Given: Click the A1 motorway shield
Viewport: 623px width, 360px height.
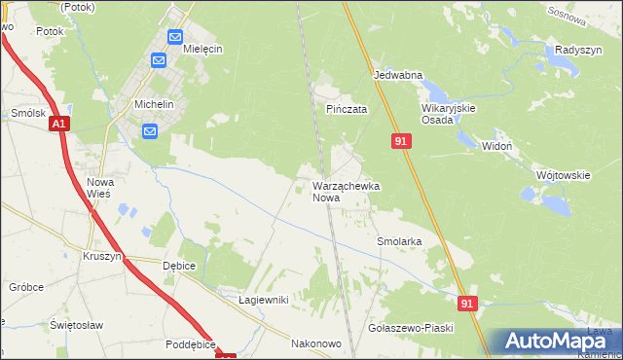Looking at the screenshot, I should tap(58, 124).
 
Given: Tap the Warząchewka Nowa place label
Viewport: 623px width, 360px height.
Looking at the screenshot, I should tap(346, 191).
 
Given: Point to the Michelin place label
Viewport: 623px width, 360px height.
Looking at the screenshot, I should tap(155, 104).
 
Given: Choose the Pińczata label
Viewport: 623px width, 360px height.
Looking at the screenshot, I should tap(346, 110).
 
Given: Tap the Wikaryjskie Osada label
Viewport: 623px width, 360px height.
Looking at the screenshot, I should tap(448, 114).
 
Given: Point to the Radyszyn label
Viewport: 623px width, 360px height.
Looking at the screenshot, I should tap(575, 50).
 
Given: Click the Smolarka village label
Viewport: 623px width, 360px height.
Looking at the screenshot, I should tap(399, 240).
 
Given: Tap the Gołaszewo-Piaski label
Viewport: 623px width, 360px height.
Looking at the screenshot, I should tap(412, 328).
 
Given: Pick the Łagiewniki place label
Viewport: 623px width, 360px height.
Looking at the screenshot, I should tap(264, 300).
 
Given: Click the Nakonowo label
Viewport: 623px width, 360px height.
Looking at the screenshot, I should tap(316, 343).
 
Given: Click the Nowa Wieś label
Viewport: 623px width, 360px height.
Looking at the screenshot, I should tap(101, 188).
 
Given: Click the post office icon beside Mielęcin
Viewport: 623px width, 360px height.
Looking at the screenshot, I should tap(175, 38).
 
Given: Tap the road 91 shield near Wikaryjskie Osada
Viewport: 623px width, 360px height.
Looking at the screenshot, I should tap(401, 141).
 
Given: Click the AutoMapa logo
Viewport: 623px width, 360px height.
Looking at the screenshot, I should tap(556, 342).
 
